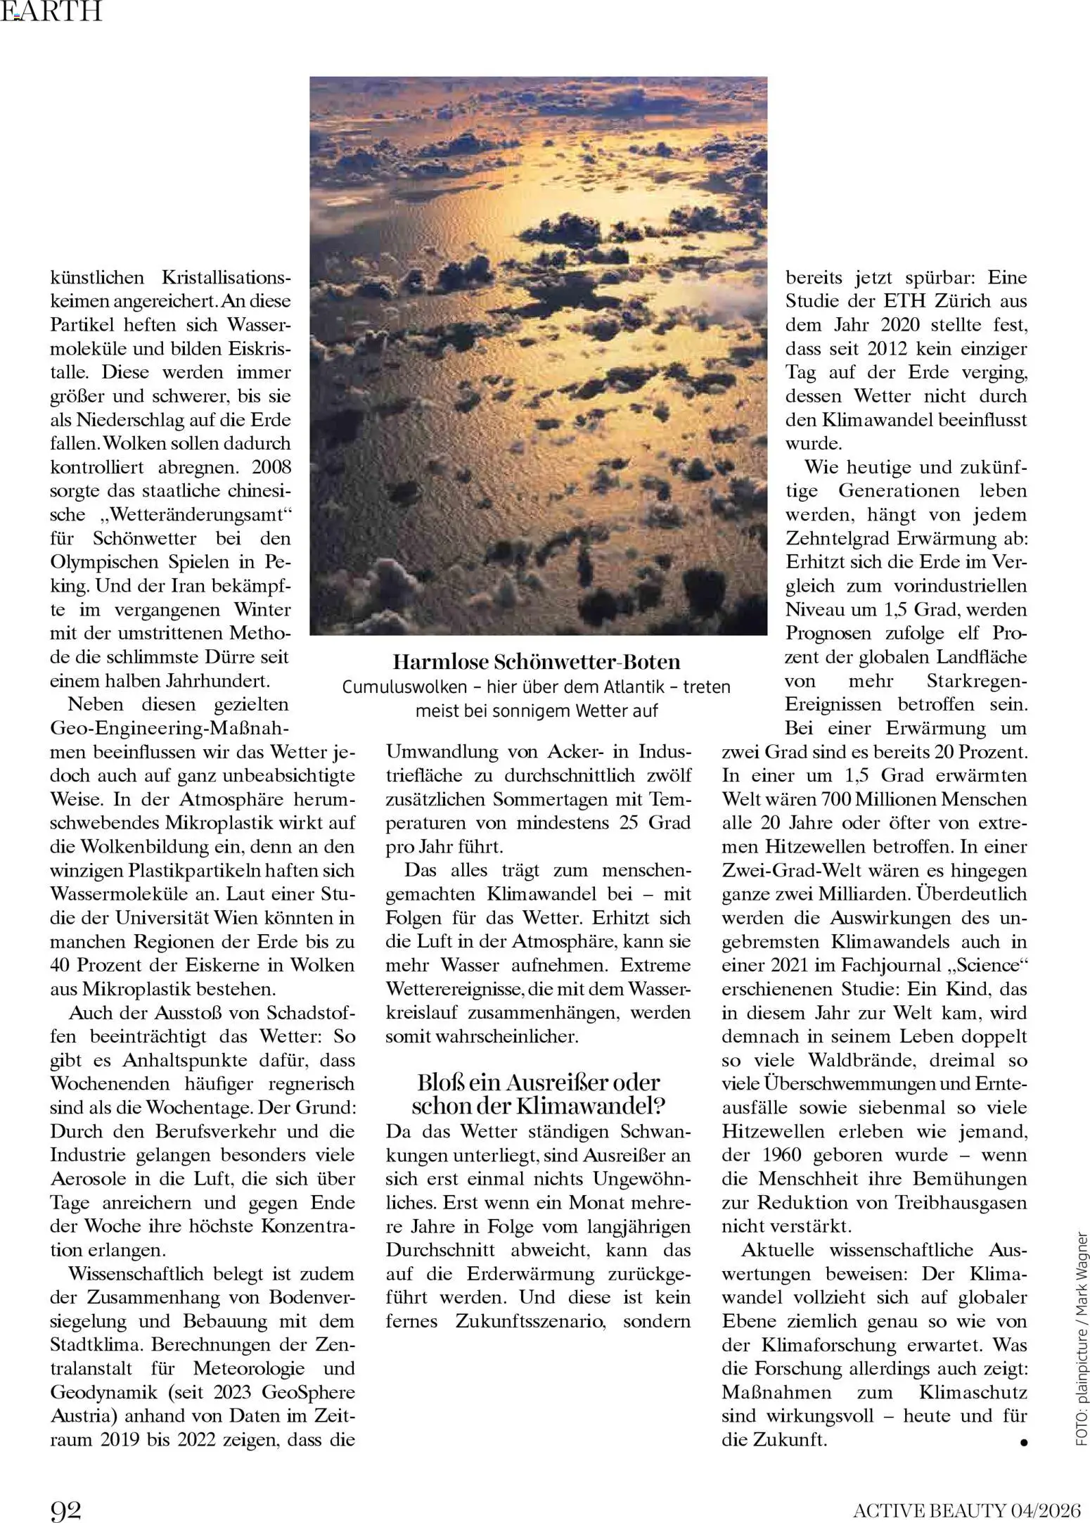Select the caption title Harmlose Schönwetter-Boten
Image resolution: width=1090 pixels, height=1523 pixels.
tap(537, 662)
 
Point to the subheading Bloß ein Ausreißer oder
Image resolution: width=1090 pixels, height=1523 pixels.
tap(538, 1082)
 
